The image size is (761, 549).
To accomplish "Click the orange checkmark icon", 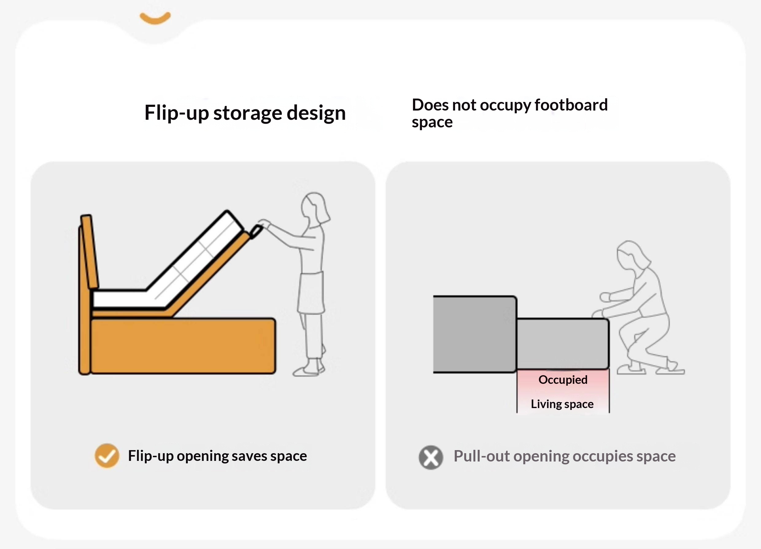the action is click(107, 456).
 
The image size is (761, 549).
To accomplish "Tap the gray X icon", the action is click(431, 457).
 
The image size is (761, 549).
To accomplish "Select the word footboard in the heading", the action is click(571, 105).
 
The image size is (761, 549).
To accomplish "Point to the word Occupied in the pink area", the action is click(563, 380).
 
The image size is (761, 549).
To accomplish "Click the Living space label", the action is click(562, 404).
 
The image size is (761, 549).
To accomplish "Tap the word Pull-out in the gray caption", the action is click(481, 457).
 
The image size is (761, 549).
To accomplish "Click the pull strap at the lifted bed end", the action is click(256, 232).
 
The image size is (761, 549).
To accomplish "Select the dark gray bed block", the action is click(474, 334).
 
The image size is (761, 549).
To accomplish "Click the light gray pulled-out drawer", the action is click(563, 344).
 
